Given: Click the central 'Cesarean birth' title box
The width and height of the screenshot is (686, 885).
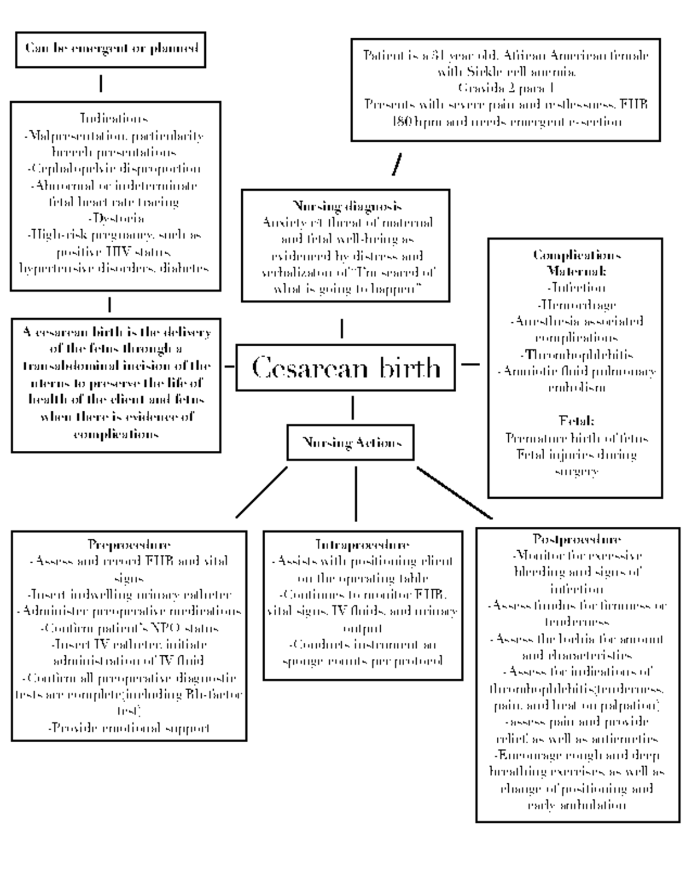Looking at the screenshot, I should pos(345,367).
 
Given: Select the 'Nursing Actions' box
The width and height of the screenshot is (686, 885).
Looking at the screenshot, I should pos(350,442).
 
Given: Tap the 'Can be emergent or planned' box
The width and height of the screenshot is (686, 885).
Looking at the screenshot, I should pos(110,49).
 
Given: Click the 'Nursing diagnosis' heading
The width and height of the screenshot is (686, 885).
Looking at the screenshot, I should pos(347,206).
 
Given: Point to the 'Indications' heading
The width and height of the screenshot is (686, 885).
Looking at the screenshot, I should pos(114,118).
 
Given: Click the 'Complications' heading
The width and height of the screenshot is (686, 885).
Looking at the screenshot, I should pos(576,254).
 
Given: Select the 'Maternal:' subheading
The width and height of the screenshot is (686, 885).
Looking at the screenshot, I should pos(576,271).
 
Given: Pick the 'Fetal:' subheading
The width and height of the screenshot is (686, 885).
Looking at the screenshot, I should pos(576,421).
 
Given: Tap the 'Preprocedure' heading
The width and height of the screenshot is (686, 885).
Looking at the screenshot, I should pos(129,544).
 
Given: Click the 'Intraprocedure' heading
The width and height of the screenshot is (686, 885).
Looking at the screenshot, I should pos(362,544).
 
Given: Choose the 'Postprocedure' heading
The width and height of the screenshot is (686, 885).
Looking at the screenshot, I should pos(577,539).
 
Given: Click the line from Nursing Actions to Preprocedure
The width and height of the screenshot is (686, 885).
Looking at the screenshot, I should pos(261,492).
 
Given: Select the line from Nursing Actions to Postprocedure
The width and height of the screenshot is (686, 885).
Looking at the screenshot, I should pos(454,492).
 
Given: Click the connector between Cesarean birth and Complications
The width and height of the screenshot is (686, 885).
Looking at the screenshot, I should pos(470,363).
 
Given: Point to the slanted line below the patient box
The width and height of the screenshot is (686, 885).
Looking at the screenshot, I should pos(396,164).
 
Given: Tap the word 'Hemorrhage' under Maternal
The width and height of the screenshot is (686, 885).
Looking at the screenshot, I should pos(576,305).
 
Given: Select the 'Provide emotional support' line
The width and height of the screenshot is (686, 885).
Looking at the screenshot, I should pos(129,728).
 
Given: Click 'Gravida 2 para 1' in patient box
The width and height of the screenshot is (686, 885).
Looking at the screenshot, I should pos(505,88).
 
